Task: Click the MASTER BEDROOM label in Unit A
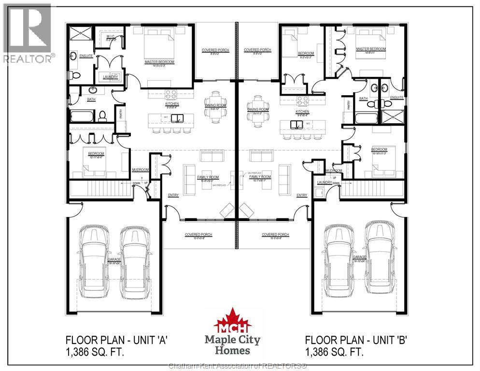159,62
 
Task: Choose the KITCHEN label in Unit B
303,112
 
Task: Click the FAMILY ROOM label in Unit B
260,177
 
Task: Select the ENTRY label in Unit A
173,195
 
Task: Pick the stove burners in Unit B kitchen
303,100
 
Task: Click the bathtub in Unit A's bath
83,116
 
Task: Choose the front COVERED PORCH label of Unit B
275,235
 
